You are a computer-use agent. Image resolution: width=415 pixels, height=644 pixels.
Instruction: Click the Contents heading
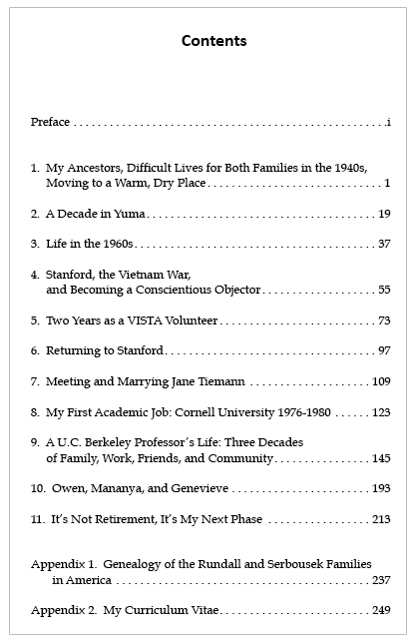coord(213,41)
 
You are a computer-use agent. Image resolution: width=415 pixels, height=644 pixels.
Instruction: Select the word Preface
coord(50,122)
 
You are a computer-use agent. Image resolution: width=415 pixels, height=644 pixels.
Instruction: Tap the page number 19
coord(384,214)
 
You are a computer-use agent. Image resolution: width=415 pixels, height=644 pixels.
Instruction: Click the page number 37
coord(384,244)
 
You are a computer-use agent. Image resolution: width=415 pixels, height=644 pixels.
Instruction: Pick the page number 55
coord(384,290)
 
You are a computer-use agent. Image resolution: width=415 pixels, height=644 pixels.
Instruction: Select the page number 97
coord(384,350)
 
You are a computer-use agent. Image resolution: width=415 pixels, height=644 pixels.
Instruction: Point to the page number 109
coord(381,381)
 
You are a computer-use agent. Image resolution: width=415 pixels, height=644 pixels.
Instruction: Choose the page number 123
coord(381,411)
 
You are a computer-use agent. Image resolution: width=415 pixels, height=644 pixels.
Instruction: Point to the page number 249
coord(381,609)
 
